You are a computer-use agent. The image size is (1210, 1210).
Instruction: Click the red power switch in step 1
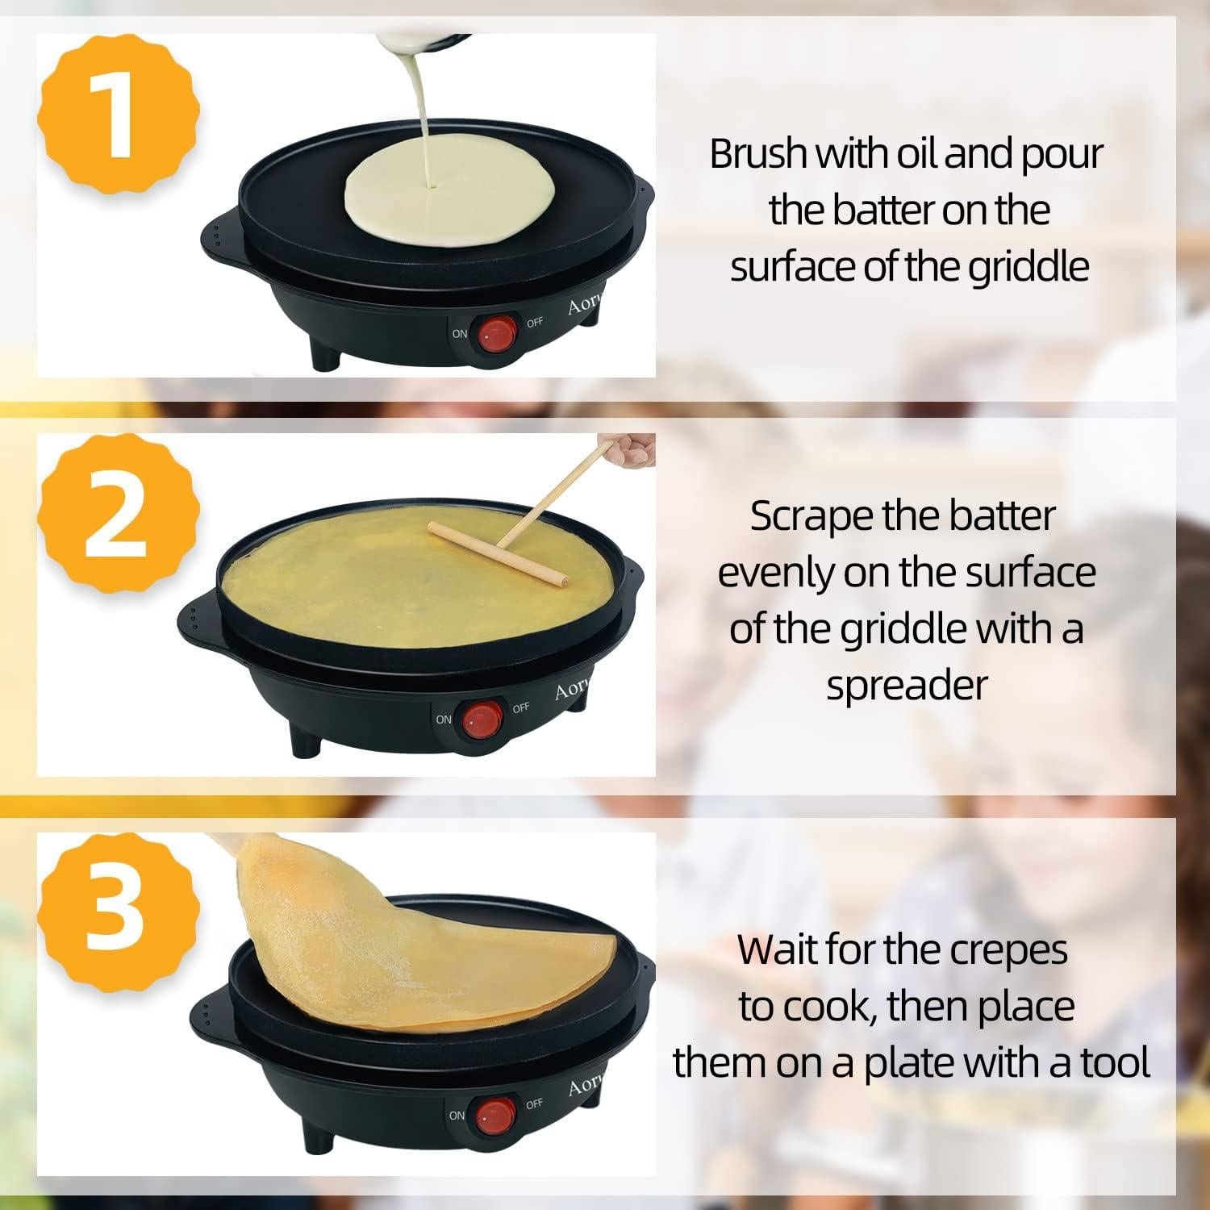click(x=495, y=334)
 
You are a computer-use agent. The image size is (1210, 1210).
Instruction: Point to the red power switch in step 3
click(x=494, y=1115)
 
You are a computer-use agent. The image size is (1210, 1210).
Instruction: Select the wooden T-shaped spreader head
click(x=496, y=554)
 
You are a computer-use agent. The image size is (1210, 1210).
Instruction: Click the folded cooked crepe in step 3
click(x=419, y=952)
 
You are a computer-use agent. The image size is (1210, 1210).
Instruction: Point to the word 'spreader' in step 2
click(x=906, y=686)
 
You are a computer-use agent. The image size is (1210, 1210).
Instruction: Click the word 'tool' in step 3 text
click(x=1115, y=1062)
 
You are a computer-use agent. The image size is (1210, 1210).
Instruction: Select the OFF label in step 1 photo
click(x=535, y=323)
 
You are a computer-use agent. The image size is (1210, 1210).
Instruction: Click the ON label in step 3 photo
click(x=457, y=1116)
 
